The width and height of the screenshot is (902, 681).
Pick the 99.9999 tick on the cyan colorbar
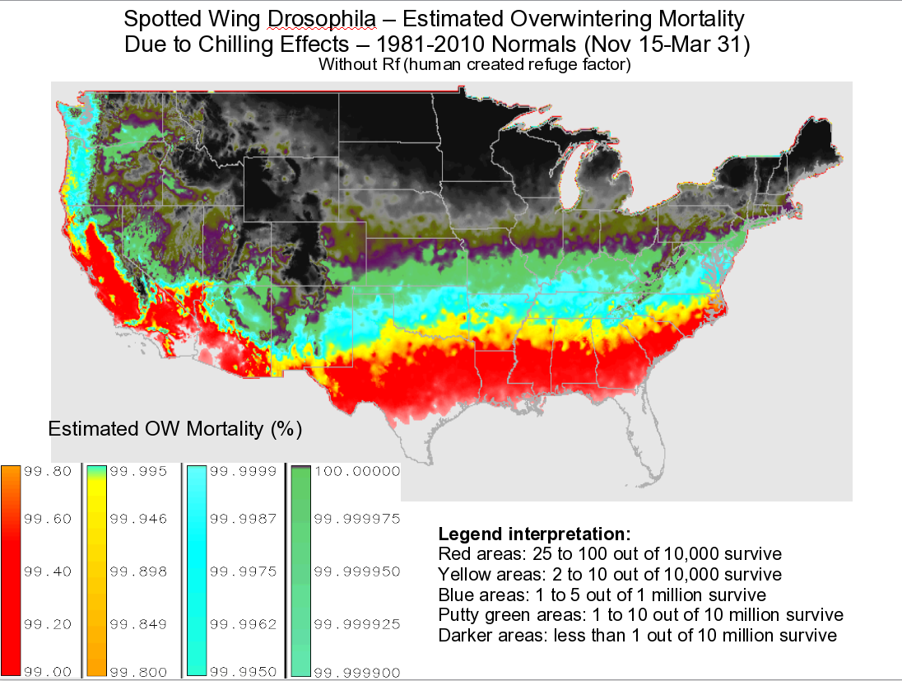coord(244,472)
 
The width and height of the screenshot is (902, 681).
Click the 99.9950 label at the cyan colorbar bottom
coord(244,672)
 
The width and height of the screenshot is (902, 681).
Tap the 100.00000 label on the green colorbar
coord(359,472)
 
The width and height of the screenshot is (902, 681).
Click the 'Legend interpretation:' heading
coord(535,533)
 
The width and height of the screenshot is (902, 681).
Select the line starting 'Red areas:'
coord(610,553)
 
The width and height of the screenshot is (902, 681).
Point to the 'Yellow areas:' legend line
coord(610,573)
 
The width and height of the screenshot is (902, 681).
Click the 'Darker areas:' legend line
coord(638,636)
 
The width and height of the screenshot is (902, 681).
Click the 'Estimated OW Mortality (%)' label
coord(175,428)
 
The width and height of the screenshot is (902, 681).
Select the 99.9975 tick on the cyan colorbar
coord(244,571)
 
